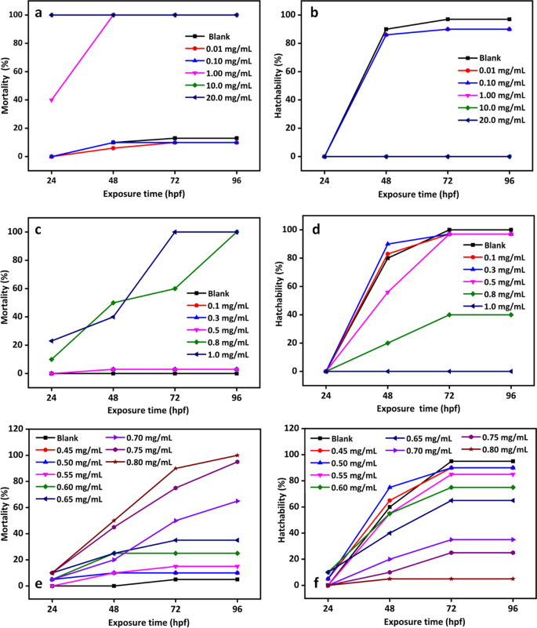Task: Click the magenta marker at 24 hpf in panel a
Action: [x=52, y=100]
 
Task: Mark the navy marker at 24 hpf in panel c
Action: [x=52, y=341]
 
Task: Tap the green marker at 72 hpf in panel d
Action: [x=449, y=314]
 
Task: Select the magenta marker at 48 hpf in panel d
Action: [x=387, y=292]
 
